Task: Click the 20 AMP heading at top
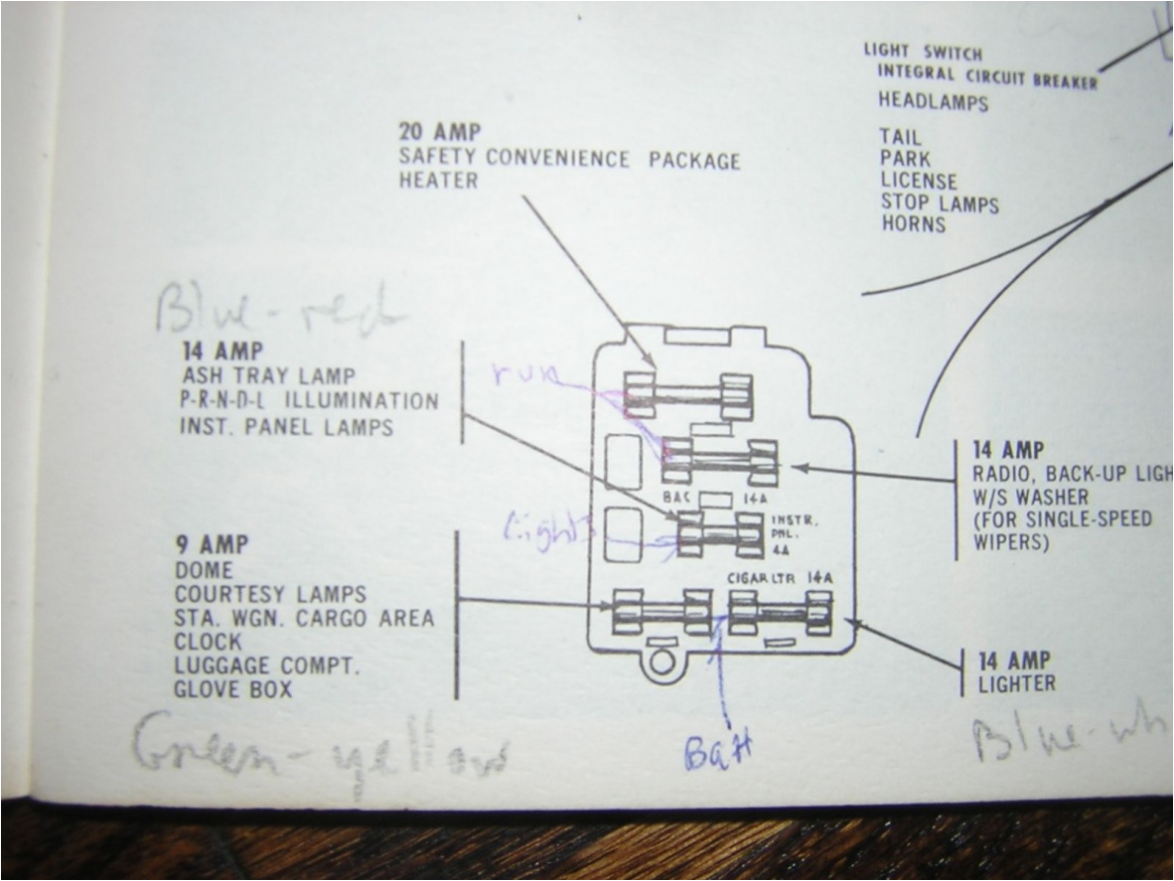pyautogui.click(x=439, y=132)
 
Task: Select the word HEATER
pyautogui.click(x=438, y=181)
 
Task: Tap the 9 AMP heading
pyautogui.click(x=211, y=545)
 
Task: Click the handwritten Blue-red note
pyautogui.click(x=279, y=311)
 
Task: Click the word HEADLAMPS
pyautogui.click(x=933, y=101)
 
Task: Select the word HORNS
pyautogui.click(x=914, y=224)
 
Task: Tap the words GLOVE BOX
pyautogui.click(x=233, y=689)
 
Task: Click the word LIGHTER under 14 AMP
pyautogui.click(x=1016, y=683)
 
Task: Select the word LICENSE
pyautogui.click(x=918, y=182)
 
